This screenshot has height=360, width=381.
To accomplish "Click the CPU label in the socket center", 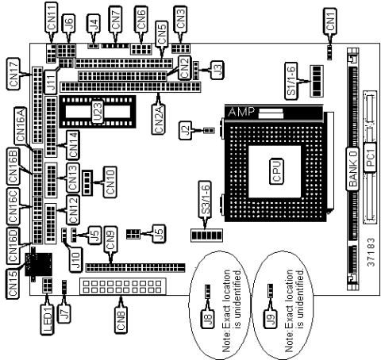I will click(x=278, y=172).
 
